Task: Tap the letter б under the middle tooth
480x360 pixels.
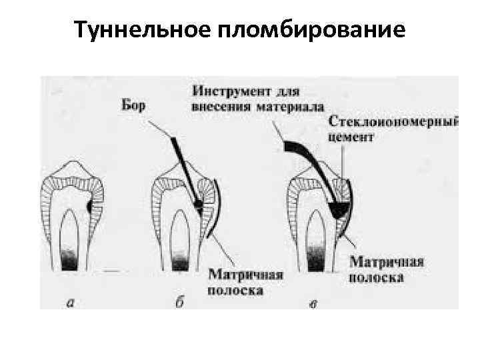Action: (x=180, y=303)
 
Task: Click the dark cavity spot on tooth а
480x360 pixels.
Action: (x=89, y=209)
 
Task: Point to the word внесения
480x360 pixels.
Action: (x=220, y=106)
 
